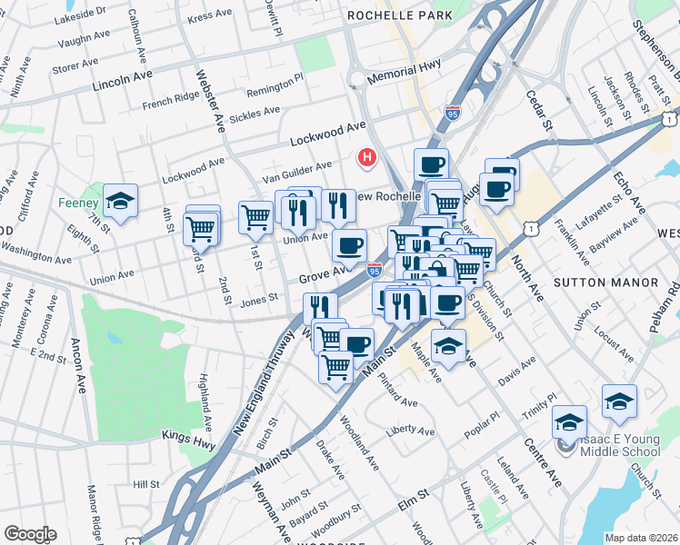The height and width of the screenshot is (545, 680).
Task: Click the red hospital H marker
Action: click(368, 158)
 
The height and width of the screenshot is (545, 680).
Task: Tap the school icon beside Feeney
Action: click(120, 202)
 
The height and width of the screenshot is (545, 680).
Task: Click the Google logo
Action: click(31, 534)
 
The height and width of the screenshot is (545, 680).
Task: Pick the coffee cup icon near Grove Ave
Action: click(349, 243)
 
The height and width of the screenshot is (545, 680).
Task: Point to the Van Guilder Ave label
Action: click(298, 168)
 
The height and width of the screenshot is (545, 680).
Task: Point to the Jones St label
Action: click(259, 297)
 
